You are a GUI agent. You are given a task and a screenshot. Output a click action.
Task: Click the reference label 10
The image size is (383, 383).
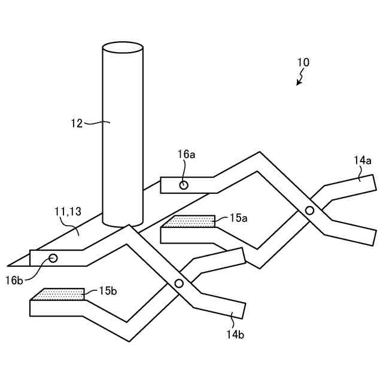(x=303, y=62)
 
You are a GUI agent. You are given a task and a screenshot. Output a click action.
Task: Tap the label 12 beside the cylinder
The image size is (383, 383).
(x=76, y=123)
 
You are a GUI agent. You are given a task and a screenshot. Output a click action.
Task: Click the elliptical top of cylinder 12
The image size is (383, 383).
(x=123, y=47)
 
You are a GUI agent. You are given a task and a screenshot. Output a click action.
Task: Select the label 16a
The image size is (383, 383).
(x=186, y=154)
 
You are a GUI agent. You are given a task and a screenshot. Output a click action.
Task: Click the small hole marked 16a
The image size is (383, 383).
(x=184, y=185)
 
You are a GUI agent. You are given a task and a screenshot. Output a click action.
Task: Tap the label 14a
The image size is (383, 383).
(x=362, y=160)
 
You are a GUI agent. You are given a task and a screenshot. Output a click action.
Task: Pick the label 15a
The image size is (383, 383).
(x=238, y=218)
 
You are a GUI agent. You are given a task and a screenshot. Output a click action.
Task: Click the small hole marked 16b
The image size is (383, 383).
(x=53, y=258)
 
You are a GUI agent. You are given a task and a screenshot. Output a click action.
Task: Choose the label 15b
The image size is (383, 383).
(x=108, y=291)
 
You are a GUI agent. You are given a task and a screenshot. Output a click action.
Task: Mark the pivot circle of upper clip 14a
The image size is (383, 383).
(x=309, y=210)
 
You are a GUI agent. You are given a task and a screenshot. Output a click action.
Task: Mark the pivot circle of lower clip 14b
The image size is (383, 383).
(x=178, y=283)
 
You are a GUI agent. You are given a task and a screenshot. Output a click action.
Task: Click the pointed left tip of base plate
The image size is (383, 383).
(x=10, y=265)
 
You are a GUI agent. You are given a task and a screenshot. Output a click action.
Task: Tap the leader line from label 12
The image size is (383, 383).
(x=96, y=123)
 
